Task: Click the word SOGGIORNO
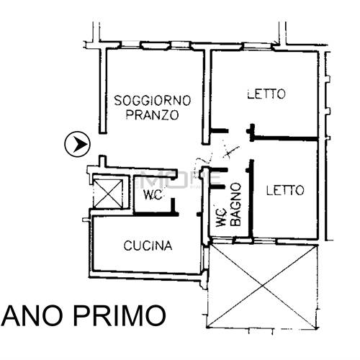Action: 151,99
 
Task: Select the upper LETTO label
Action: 266,94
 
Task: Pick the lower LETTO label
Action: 284,191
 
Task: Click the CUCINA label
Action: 148,246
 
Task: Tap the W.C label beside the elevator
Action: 151,197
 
